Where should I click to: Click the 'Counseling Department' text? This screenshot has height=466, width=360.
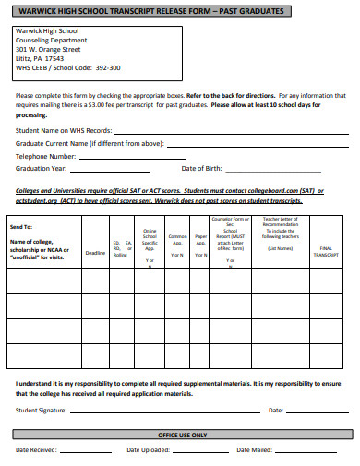(52, 40)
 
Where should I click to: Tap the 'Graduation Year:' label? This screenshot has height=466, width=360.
(42, 169)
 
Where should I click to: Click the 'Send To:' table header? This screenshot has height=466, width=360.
(21, 226)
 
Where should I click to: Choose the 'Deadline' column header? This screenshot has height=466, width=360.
(95, 252)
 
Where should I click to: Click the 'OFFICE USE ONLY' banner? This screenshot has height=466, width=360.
(182, 434)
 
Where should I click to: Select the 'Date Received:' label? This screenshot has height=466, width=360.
(36, 450)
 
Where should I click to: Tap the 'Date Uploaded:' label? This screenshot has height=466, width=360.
(148, 450)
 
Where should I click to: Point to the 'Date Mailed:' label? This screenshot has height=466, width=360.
(255, 450)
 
